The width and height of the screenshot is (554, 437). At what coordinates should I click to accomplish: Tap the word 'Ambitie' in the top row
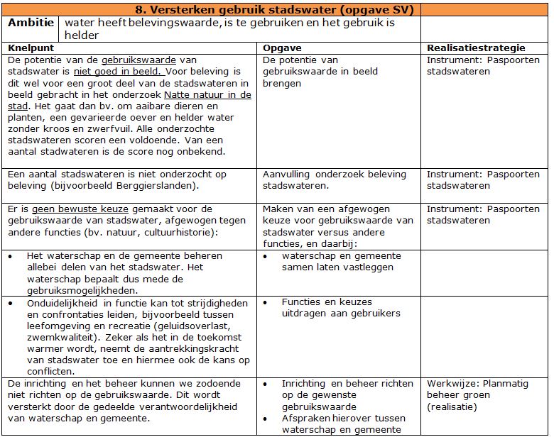click(31, 23)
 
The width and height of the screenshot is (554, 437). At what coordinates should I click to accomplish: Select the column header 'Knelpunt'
click(32, 48)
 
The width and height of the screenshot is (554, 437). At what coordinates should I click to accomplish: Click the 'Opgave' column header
click(282, 48)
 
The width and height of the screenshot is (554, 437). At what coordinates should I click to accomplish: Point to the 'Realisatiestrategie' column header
click(476, 48)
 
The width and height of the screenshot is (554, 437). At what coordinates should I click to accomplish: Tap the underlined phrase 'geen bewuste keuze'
click(75, 209)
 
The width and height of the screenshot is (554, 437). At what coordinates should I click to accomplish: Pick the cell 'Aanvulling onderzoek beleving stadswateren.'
click(335, 180)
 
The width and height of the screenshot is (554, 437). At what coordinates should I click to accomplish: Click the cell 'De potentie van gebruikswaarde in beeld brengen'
click(320, 72)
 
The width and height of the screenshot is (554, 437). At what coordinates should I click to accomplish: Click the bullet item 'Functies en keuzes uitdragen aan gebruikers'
click(341, 307)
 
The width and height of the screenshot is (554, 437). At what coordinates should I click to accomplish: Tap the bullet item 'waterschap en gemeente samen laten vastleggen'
click(341, 261)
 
